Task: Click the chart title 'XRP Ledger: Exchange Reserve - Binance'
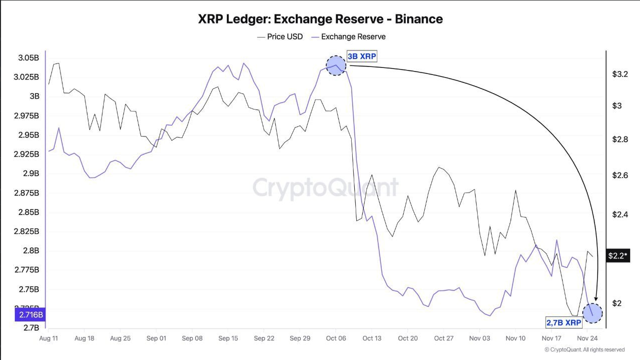(x=320, y=19)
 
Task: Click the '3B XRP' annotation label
(x=362, y=56)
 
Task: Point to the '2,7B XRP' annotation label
(x=564, y=323)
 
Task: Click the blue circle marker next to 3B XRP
(x=336, y=65)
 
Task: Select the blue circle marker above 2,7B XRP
(x=593, y=313)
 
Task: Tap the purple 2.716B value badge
(x=31, y=315)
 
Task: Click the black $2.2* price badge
(x=618, y=256)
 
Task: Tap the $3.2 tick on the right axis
(x=620, y=74)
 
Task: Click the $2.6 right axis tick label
(x=620, y=175)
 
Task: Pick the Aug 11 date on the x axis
(x=48, y=338)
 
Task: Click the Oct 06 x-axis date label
(x=336, y=338)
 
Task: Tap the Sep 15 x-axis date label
(x=228, y=338)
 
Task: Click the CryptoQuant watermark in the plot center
(x=325, y=187)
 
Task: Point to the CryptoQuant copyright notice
(x=585, y=349)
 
